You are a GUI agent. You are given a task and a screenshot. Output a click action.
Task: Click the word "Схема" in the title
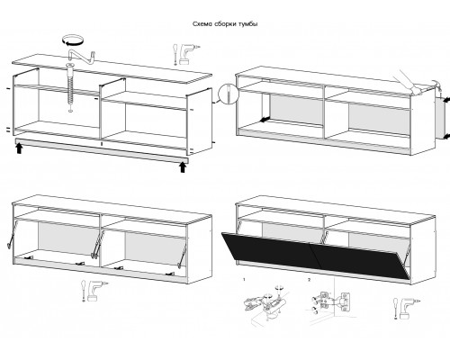[202, 24]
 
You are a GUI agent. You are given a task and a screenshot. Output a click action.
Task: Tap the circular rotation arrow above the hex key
[72, 40]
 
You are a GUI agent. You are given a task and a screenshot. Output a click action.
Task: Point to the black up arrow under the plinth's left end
[19, 148]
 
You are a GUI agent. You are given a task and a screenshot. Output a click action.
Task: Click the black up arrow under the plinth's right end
[183, 167]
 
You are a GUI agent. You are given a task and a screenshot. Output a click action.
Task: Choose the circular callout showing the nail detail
[229, 94]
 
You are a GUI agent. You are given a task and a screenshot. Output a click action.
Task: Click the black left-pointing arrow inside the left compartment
[265, 120]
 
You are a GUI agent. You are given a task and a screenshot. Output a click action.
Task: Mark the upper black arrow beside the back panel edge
[446, 99]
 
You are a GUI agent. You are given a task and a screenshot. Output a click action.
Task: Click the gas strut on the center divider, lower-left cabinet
[96, 244]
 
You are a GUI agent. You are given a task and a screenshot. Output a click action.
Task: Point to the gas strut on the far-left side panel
[11, 235]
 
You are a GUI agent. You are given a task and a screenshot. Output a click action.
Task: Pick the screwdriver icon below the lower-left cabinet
[83, 291]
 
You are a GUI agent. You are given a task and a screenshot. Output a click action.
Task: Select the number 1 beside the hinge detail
[244, 280]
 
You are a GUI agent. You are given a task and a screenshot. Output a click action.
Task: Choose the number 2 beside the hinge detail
[310, 280]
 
